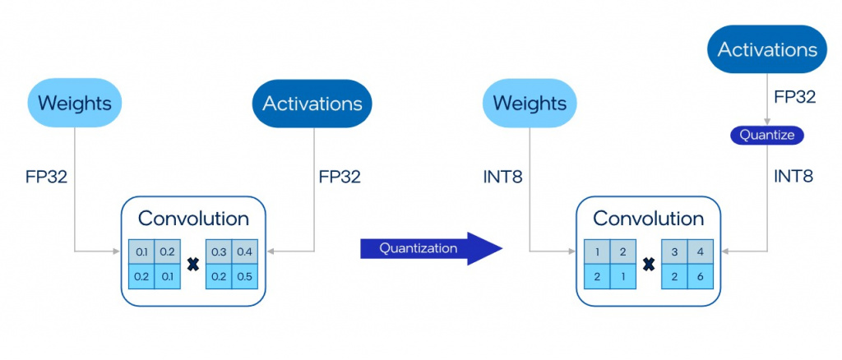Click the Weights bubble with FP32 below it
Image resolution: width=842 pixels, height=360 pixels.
pos(75,104)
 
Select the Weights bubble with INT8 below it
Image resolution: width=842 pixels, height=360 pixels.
pos(530,104)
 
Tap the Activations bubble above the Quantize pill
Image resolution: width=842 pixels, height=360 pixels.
pos(767,49)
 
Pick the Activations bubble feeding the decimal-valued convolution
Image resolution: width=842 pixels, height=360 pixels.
pos(312,104)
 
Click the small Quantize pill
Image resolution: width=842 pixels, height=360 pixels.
pos(766,135)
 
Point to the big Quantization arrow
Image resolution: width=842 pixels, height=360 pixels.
pos(429,248)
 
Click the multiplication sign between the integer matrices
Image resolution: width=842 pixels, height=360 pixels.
pos(648,264)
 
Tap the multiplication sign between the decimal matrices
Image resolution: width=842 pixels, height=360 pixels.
pos(193,264)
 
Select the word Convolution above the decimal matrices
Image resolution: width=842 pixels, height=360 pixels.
pos(193,219)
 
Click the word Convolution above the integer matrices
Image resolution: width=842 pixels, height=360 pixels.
pos(648,219)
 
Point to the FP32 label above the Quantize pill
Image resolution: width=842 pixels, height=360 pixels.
pos(794,97)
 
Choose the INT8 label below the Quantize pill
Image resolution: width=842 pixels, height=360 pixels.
pos(793,176)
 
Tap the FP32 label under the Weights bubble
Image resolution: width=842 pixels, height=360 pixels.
pos(45,176)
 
